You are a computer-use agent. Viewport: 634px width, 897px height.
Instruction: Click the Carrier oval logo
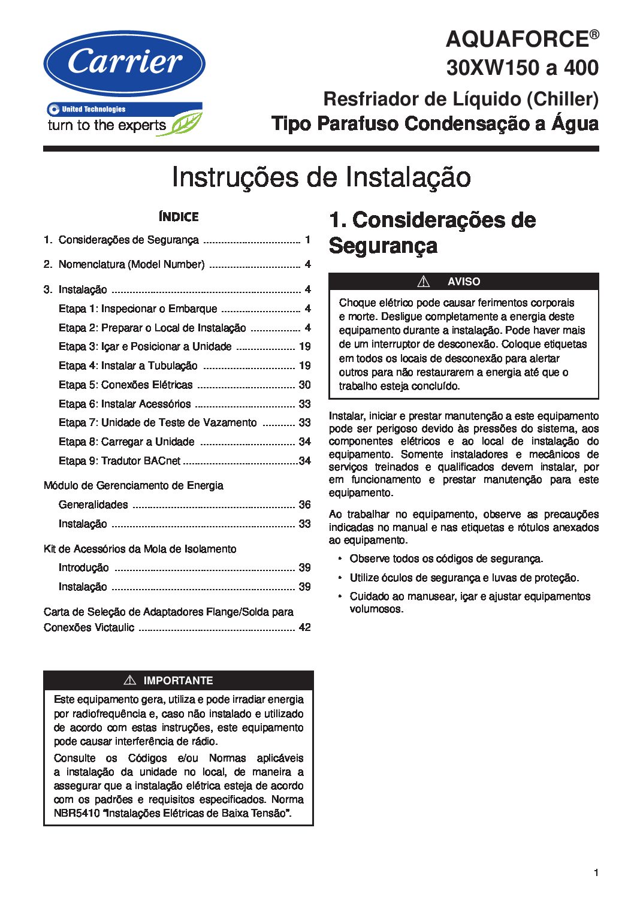pyautogui.click(x=124, y=64)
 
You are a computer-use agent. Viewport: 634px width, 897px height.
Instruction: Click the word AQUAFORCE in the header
pyautogui.click(x=517, y=40)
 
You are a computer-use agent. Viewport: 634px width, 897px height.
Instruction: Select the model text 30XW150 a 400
pyautogui.click(x=522, y=68)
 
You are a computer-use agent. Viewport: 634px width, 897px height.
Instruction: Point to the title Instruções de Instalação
pyautogui.click(x=321, y=177)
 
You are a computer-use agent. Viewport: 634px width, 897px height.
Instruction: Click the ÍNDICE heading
pyautogui.click(x=179, y=217)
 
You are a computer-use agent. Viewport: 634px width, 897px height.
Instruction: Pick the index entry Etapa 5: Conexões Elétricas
pyautogui.click(x=126, y=385)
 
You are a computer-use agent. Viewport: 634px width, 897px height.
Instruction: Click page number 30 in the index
pyautogui.click(x=304, y=385)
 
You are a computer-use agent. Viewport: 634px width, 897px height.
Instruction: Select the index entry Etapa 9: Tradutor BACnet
pyautogui.click(x=119, y=461)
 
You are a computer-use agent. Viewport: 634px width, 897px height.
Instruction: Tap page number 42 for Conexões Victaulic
pyautogui.click(x=304, y=627)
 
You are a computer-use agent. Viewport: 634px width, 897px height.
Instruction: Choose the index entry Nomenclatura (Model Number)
pyautogui.click(x=131, y=264)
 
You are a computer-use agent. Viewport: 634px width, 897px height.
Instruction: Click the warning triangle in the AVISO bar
pyautogui.click(x=424, y=281)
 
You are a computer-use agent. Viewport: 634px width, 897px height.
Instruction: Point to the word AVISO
pyautogui.click(x=464, y=282)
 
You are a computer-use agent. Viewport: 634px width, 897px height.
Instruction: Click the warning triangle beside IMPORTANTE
pyautogui.click(x=129, y=680)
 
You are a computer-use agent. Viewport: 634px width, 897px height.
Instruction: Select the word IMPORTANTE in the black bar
pyautogui.click(x=178, y=681)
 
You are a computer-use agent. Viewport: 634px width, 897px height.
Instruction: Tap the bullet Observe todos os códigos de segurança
pyautogui.click(x=446, y=558)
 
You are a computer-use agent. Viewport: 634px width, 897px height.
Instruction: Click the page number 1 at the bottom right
pyautogui.click(x=596, y=872)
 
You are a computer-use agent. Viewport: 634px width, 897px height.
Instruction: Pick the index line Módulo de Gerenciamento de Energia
pyautogui.click(x=134, y=485)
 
